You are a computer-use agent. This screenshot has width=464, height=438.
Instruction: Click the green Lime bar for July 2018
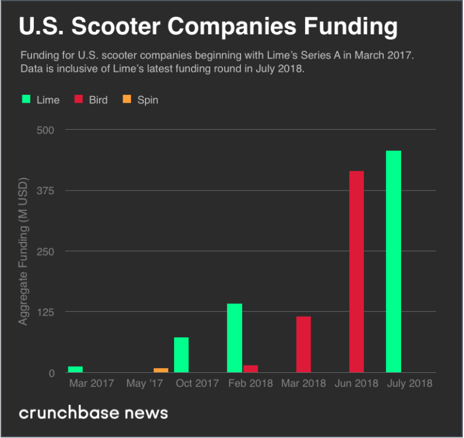coord(393,261)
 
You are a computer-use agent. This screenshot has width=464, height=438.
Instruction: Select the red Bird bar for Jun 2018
coord(356,271)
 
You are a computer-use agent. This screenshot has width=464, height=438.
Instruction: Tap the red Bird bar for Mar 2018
coord(303,344)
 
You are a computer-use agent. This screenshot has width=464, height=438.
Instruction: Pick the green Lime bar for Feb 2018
coord(234,338)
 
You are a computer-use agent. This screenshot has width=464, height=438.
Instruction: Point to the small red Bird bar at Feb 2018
coord(250,369)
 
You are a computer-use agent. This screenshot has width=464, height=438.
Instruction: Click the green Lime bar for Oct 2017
coord(181,355)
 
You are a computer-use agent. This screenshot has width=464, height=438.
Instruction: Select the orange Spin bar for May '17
coord(161,370)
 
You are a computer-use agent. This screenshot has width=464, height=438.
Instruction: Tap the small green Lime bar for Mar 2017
coord(76,369)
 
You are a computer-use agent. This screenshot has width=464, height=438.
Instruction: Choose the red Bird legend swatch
coord(79,100)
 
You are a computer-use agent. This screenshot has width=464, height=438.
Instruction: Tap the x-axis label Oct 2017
coord(197,383)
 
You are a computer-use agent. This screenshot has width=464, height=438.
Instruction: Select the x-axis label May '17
coord(145,383)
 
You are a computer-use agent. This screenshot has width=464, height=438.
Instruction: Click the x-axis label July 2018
coord(410,383)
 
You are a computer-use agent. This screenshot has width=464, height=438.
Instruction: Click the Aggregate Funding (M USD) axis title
coord(23,251)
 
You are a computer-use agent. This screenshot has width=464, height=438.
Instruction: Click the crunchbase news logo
coord(94,413)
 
